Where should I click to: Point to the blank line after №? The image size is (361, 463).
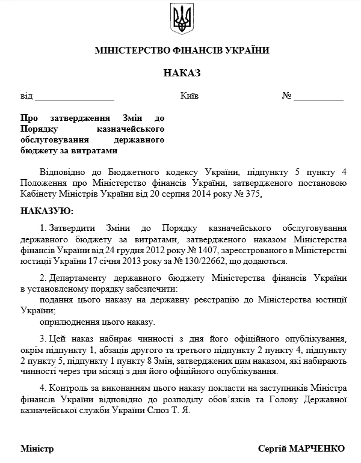(318, 96)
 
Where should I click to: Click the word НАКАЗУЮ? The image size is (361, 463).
(48, 212)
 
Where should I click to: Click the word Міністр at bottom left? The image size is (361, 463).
(37, 449)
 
